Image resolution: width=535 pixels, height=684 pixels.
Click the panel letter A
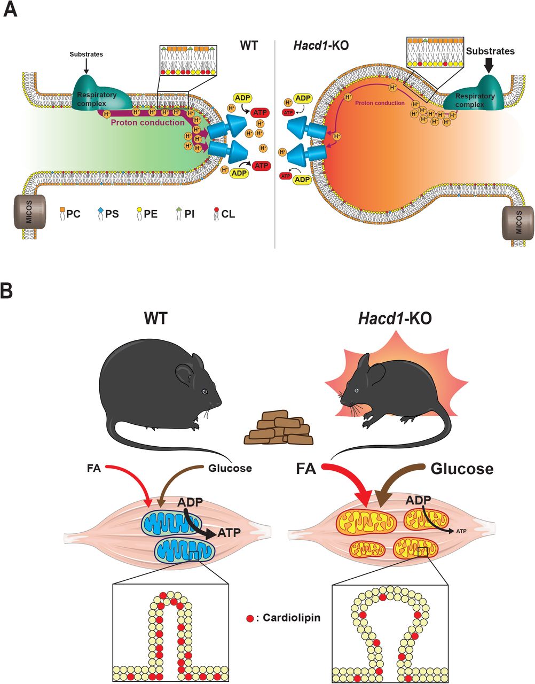(10, 10)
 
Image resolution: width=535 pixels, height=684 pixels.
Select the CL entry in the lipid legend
(224, 214)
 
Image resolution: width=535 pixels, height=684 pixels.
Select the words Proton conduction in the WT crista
(147, 122)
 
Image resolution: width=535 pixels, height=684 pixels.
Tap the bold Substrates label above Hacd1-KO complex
(490, 51)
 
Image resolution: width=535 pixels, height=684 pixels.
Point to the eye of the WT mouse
(204, 392)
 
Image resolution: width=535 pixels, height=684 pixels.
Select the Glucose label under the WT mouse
(230, 469)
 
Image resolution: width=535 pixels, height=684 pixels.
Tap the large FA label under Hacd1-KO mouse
(306, 469)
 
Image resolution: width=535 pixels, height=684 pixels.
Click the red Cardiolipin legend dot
(250, 618)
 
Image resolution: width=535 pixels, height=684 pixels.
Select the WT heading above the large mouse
(155, 319)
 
